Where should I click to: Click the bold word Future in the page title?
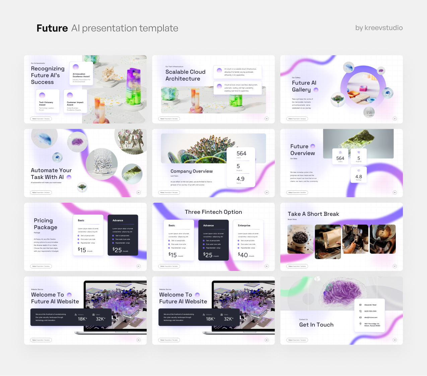point(52,28)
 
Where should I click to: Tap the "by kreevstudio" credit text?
point(379,28)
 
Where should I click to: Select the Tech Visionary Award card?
point(47,101)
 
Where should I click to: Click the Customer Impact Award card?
point(75,101)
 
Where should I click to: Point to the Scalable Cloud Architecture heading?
point(185,75)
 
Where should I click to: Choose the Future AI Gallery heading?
point(304,86)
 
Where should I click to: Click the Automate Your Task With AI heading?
point(51,174)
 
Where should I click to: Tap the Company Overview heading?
point(192,171)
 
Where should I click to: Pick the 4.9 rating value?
point(240,179)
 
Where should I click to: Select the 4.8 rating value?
point(358,177)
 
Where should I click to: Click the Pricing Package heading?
point(45,224)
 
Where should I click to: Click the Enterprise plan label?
point(244,225)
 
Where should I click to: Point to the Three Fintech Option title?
point(213,212)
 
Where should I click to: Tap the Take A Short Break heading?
point(313,214)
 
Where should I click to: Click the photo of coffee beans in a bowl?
point(300,239)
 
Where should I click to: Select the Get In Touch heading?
point(316,325)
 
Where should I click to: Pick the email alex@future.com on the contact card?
point(371,317)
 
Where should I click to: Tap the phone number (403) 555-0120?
point(370,311)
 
